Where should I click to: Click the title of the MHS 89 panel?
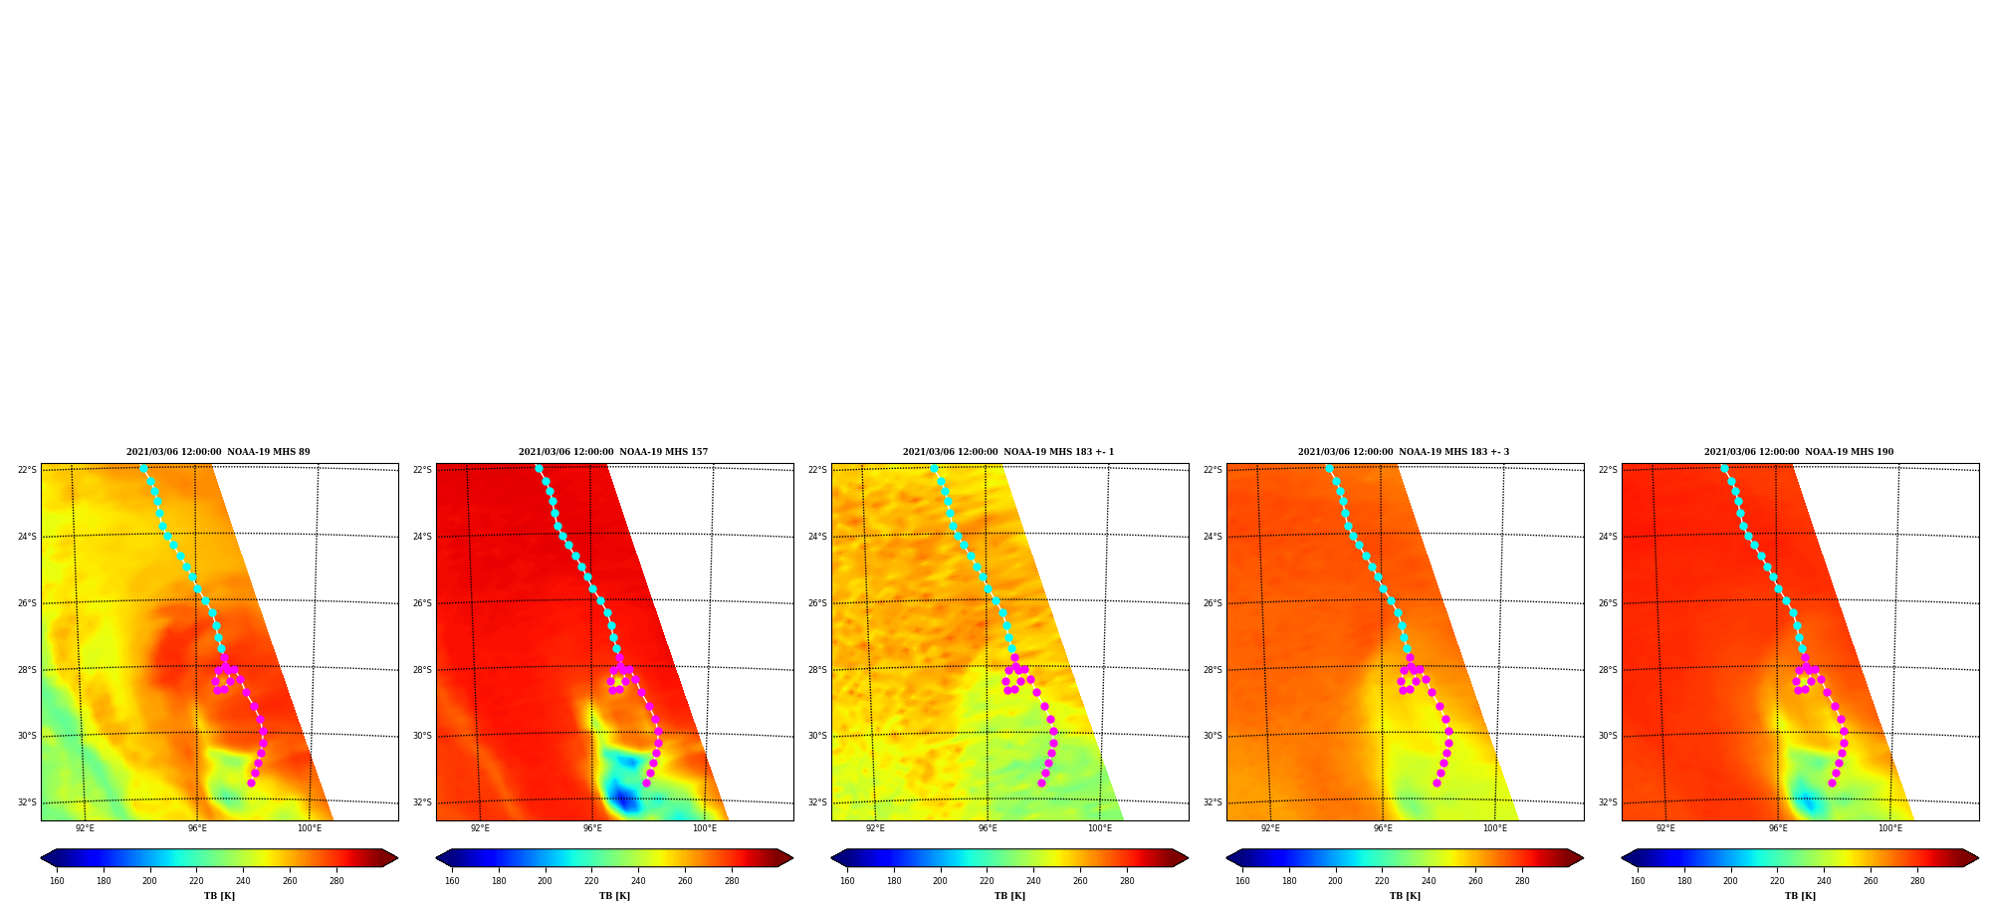click(218, 452)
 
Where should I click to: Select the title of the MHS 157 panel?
click(613, 452)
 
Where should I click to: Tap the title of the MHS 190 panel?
click(1799, 452)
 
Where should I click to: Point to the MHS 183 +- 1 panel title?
click(1008, 452)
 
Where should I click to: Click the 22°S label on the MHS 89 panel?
click(27, 470)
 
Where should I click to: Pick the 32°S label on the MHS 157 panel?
click(422, 802)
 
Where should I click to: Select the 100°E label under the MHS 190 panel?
click(1890, 828)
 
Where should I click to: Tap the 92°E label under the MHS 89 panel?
click(85, 828)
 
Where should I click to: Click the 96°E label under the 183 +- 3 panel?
click(1383, 828)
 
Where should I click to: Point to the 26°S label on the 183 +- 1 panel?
click(817, 603)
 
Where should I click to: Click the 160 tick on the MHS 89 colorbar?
click(57, 881)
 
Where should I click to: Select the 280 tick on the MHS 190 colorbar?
click(1917, 881)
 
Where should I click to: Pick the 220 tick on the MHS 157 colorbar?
click(591, 881)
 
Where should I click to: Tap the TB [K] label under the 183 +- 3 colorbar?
click(1405, 896)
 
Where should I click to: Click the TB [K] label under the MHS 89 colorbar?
click(219, 896)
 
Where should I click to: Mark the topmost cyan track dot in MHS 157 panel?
click(539, 468)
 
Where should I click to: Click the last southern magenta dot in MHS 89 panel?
click(251, 783)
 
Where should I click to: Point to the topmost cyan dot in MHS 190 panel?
click(1724, 468)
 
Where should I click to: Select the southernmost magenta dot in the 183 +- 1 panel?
click(1041, 783)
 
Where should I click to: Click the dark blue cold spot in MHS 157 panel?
click(623, 798)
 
